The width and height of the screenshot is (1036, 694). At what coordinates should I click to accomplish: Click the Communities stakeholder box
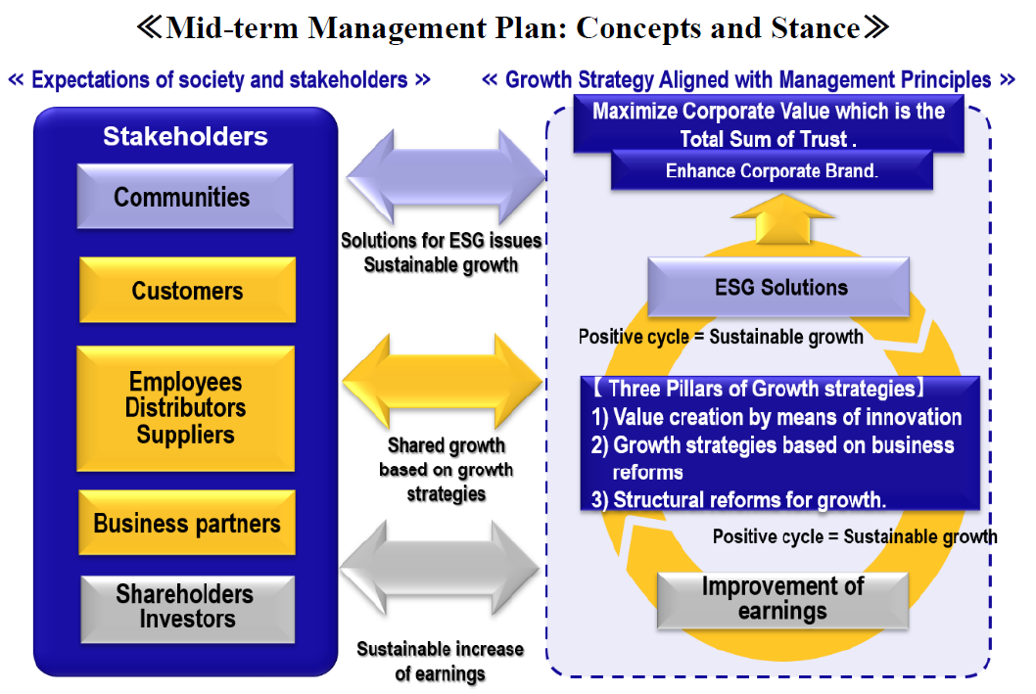tap(184, 197)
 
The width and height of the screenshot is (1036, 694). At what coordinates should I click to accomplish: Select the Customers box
tap(187, 291)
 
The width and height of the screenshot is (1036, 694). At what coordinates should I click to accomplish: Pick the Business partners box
tap(187, 523)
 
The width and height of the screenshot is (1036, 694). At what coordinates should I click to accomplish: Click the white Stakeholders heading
tap(185, 136)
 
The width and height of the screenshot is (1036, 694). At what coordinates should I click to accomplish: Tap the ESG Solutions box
tap(780, 288)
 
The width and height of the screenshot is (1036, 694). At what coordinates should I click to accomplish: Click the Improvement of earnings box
tap(782, 598)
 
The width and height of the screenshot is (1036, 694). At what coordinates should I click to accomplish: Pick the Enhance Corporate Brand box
tap(772, 170)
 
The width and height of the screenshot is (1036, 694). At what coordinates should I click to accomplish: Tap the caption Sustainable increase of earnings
tap(440, 661)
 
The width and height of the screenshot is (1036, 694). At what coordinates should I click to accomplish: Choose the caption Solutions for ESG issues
tap(441, 240)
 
